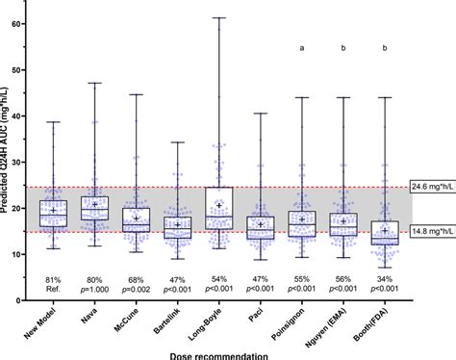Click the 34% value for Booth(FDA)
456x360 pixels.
[385, 279]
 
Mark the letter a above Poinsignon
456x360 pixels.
[302, 44]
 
